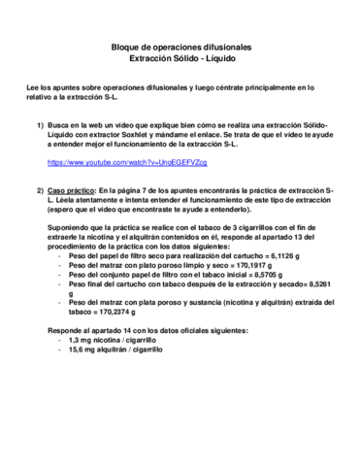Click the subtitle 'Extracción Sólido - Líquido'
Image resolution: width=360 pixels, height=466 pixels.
coord(180,58)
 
